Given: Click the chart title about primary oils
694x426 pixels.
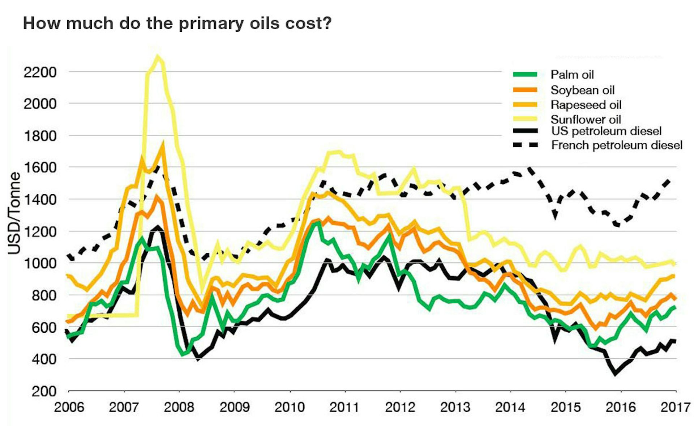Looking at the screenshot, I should tap(177, 24).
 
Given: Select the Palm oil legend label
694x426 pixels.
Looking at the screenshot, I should tap(572, 75).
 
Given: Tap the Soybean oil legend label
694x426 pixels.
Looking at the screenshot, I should tap(582, 90).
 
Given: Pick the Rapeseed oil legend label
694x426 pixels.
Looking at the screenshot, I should tap(586, 105).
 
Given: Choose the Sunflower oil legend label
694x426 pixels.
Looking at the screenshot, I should tap(586, 119).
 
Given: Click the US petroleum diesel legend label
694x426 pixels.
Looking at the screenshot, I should tap(606, 131).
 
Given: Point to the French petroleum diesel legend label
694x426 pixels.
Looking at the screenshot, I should tap(617, 145).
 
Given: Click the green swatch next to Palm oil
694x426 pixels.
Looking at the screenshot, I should tap(525, 75).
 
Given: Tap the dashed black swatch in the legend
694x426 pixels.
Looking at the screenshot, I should tap(525, 145).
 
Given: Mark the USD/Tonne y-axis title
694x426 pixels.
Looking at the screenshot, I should tap(14, 213).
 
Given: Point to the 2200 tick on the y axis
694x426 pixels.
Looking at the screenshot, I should tap(40, 72).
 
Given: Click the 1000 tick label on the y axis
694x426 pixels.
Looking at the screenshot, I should tap(40, 263).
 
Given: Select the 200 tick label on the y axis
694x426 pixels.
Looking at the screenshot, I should tap(44, 391).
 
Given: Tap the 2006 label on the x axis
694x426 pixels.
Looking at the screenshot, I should tap(69, 407).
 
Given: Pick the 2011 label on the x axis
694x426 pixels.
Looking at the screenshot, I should tap(344, 407).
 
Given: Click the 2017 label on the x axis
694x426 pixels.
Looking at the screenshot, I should tap(675, 407).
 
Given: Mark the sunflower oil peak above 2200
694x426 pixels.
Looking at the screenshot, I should tap(157, 57).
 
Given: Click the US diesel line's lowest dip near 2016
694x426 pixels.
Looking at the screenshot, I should tap(616, 374).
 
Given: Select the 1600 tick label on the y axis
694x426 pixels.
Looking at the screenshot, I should tap(40, 168).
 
